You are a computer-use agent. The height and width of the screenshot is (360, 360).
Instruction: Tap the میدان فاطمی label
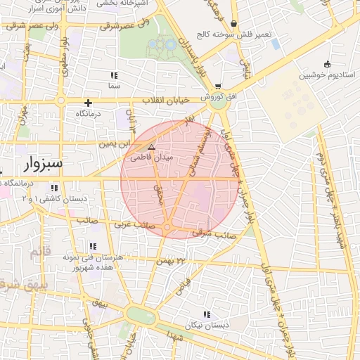point(146,158)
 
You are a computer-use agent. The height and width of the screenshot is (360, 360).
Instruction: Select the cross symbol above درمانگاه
point(88,103)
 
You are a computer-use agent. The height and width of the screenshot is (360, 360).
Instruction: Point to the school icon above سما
point(113,75)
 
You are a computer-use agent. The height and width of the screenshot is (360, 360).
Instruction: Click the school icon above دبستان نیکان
point(206,314)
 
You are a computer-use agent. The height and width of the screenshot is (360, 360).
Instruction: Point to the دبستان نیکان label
point(204,326)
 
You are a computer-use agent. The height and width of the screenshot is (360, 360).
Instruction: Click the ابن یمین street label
point(115,143)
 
